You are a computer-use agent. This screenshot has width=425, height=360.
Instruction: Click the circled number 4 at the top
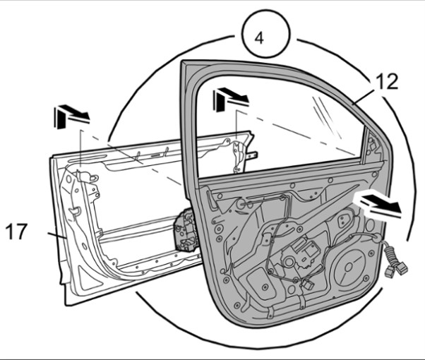pyautogui.click(x=260, y=37)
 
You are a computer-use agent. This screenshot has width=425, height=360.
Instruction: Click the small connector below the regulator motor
pyautogui.click(x=308, y=284)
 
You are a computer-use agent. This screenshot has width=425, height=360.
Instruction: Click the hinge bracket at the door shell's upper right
pyautogui.click(x=243, y=152)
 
